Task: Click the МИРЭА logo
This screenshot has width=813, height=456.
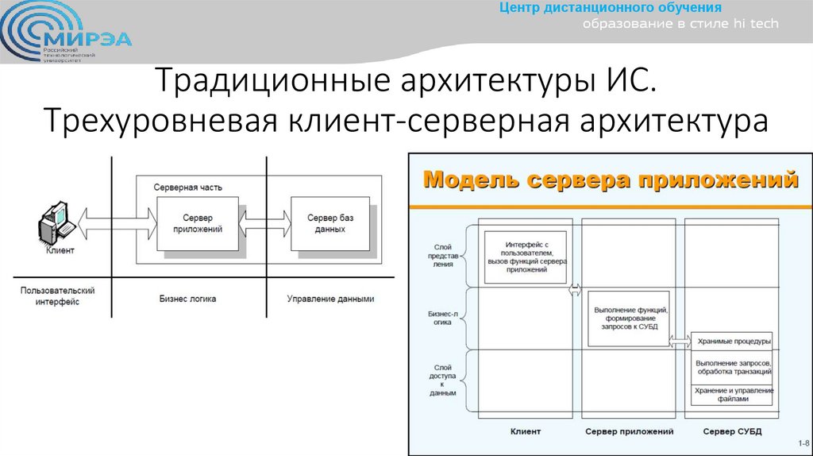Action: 67,35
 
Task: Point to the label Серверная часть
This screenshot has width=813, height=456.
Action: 187,187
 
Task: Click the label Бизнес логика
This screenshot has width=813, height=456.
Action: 187,299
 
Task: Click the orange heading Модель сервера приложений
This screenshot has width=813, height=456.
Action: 611,180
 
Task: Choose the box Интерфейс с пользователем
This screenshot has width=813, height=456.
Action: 526,256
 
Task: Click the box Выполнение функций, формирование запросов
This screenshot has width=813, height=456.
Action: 628,318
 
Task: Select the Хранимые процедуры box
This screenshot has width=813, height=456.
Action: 732,341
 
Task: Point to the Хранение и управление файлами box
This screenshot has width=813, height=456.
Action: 732,394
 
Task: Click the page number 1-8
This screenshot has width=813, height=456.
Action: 801,443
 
